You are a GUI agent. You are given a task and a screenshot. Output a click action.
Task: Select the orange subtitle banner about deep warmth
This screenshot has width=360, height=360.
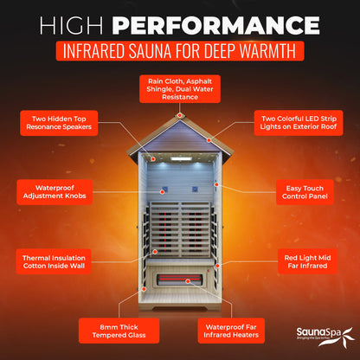179,48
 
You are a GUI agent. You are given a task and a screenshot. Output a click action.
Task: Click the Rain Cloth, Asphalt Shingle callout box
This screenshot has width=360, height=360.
179,87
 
